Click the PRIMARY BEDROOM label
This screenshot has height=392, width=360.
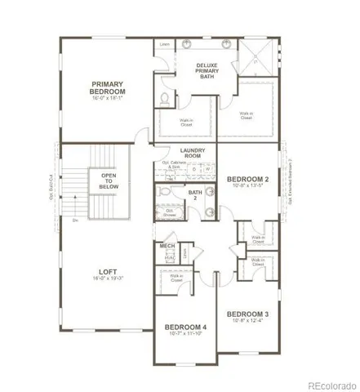[106, 87]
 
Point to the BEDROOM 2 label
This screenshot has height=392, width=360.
[248, 179]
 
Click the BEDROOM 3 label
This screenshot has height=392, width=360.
[248, 314]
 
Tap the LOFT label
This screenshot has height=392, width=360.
[107, 273]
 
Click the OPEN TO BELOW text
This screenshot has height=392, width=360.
[109, 180]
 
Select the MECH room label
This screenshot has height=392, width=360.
[167, 246]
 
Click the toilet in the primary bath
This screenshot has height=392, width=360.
[166, 100]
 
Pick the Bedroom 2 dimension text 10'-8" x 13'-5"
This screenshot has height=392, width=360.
[247, 186]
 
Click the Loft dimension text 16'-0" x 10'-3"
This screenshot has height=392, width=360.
[107, 279]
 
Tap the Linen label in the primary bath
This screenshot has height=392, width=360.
[165, 44]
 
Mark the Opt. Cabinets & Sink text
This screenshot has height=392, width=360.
[180, 165]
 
